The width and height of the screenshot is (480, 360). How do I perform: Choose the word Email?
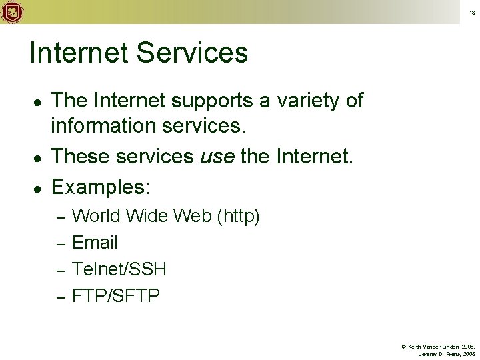(x=94, y=243)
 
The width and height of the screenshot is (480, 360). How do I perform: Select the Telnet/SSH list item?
(x=119, y=269)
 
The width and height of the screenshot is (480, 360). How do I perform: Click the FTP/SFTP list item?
(x=115, y=295)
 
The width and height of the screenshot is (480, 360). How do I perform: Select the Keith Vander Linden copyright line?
(x=437, y=347)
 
